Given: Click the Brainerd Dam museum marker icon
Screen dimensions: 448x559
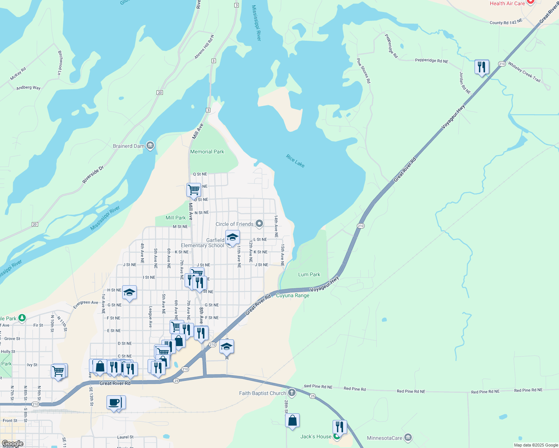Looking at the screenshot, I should [150, 146].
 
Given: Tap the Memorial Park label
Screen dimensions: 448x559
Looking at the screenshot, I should [207, 152].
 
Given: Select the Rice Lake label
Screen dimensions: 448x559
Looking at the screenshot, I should [295, 161].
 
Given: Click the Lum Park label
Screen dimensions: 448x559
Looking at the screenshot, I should [309, 275].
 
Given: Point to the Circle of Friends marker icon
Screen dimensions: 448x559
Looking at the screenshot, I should [259, 224].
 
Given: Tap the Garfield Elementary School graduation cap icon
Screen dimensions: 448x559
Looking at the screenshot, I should [232, 237].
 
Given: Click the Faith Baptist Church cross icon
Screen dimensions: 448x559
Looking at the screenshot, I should [292, 393].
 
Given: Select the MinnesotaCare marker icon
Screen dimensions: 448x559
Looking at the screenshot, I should [408, 438].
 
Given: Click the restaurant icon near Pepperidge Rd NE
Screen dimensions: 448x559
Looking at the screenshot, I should [482, 67].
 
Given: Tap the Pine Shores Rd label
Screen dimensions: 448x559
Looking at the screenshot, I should [363, 71].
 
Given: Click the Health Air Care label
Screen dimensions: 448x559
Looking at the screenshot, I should [507, 3].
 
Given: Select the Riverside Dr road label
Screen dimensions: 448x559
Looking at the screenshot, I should [93, 175].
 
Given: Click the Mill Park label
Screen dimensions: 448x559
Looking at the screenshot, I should [175, 218].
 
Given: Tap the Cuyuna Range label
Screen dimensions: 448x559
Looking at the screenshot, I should [293, 296].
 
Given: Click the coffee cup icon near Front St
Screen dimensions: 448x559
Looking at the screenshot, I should [114, 402].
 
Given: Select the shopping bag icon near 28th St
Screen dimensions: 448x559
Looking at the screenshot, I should [292, 420].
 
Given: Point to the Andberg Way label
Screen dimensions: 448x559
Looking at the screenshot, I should [28, 88].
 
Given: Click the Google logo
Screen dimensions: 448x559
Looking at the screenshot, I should [12, 444].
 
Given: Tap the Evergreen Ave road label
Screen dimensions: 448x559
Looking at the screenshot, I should [86, 305].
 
